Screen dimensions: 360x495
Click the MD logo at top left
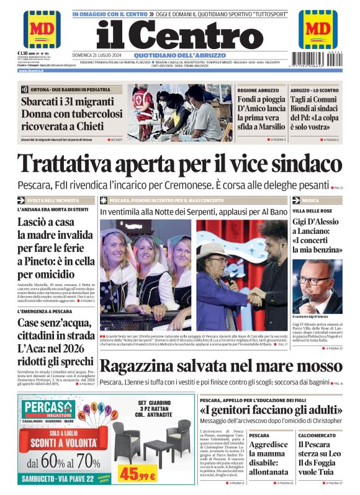pos(42,29)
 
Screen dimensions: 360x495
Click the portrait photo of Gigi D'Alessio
pos(317,286)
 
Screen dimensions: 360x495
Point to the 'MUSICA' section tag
pos(311,200)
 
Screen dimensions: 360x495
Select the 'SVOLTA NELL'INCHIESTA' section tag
pos(53,200)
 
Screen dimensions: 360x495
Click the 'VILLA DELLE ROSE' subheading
pos(313,211)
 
